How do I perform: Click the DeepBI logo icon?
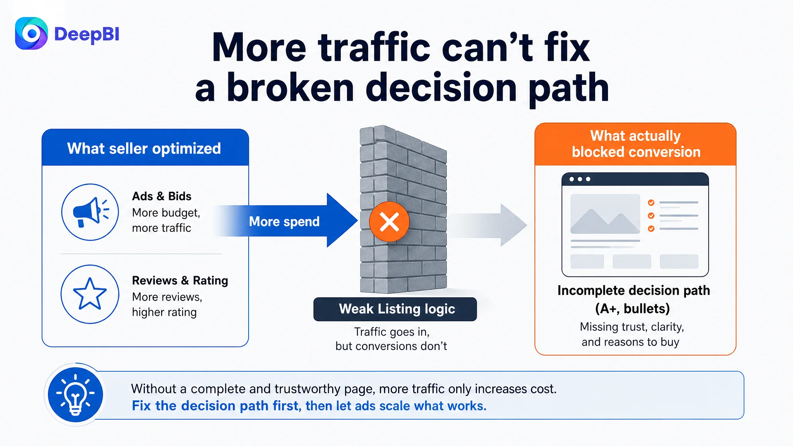(31, 34)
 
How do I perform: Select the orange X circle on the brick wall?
(389, 222)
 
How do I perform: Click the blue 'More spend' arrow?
(287, 220)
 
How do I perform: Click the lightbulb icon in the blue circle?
(76, 395)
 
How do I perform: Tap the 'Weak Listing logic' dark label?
(395, 309)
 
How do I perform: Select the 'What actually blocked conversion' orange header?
(635, 144)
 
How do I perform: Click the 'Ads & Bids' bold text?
(162, 196)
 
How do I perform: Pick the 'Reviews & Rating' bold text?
(180, 280)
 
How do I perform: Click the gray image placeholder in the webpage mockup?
(605, 214)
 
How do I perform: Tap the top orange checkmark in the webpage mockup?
(651, 202)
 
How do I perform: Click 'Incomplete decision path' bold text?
(634, 290)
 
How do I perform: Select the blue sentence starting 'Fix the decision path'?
(309, 406)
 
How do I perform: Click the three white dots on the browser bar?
(580, 179)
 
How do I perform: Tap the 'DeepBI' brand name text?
(87, 34)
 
